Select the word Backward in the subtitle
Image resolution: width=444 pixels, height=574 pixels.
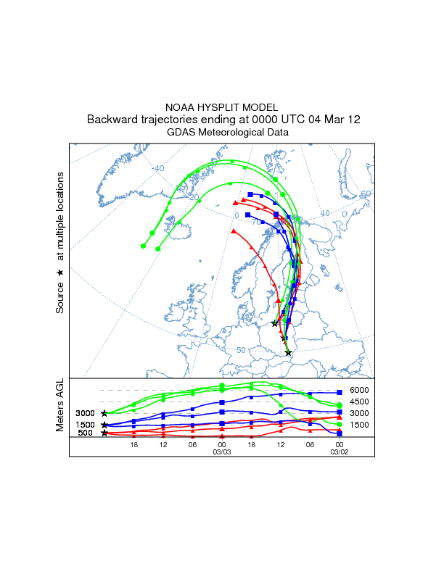pyautogui.click(x=113, y=120)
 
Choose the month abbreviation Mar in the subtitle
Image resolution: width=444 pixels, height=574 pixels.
pyautogui.click(x=334, y=120)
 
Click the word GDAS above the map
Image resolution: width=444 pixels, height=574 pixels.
pyautogui.click(x=181, y=133)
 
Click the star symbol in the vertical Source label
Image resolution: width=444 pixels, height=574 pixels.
pyautogui.click(x=60, y=273)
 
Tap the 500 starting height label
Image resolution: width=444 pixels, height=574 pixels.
pyautogui.click(x=85, y=433)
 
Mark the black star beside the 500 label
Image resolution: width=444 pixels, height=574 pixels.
pyautogui.click(x=105, y=433)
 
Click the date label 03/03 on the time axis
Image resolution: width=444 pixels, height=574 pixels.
pyautogui.click(x=221, y=452)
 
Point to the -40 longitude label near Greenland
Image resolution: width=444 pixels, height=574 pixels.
pyautogui.click(x=159, y=168)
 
